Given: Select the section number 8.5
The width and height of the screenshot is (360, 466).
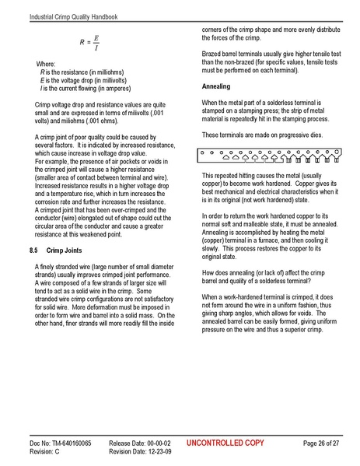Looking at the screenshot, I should [33, 251].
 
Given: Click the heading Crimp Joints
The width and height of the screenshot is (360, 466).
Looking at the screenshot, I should [68, 251].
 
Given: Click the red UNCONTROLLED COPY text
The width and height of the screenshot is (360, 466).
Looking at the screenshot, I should [226, 443].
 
